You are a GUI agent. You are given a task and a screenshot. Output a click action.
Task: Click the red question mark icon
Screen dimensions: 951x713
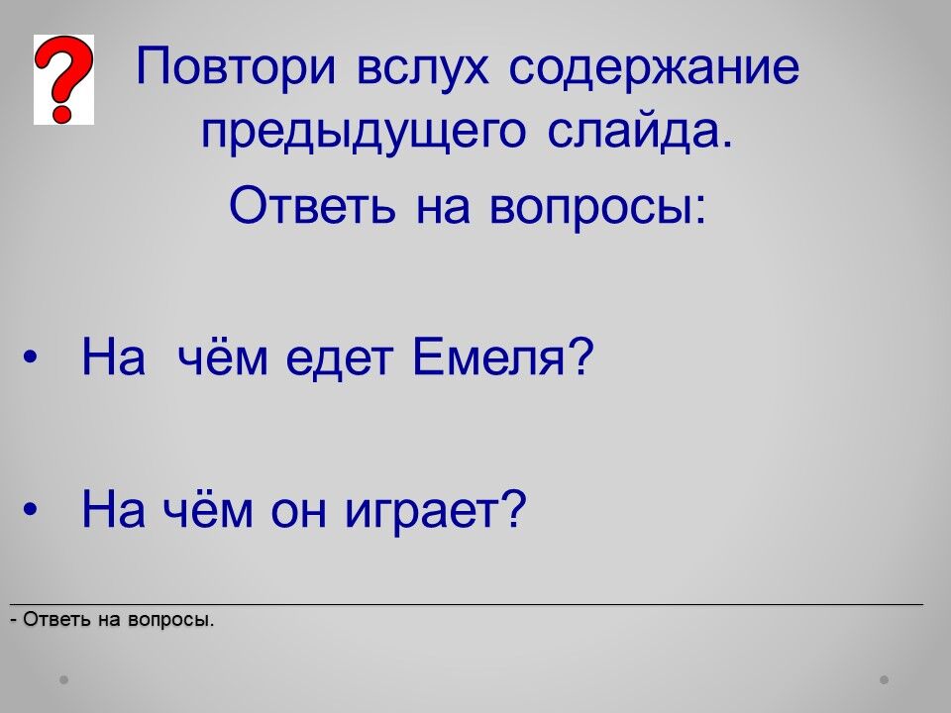63,79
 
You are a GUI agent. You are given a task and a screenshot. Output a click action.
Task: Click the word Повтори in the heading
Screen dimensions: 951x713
236,66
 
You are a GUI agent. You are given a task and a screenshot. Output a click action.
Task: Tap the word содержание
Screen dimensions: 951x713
654,66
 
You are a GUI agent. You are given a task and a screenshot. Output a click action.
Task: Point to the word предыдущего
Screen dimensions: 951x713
363,131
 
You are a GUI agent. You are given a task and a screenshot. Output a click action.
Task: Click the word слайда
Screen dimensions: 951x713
640,130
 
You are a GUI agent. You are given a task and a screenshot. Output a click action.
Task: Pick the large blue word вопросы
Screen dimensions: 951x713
596,205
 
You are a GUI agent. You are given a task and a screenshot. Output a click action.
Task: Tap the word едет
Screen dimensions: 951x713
339,357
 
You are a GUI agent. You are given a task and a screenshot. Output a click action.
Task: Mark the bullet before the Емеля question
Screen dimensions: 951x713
30,357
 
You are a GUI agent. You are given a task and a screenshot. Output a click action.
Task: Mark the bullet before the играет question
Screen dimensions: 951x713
30,510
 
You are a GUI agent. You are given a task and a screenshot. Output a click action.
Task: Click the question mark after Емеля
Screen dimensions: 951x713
580,356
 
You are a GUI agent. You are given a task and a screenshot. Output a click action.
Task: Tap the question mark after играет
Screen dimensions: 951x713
514,508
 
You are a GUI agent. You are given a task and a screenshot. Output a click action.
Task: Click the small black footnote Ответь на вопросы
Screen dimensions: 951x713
112,619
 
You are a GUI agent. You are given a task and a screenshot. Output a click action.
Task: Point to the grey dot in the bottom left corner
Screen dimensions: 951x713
63,679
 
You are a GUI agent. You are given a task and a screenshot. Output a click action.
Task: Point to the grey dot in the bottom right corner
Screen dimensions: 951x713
885,679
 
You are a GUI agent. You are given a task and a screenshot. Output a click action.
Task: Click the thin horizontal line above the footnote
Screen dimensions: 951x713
467,604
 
